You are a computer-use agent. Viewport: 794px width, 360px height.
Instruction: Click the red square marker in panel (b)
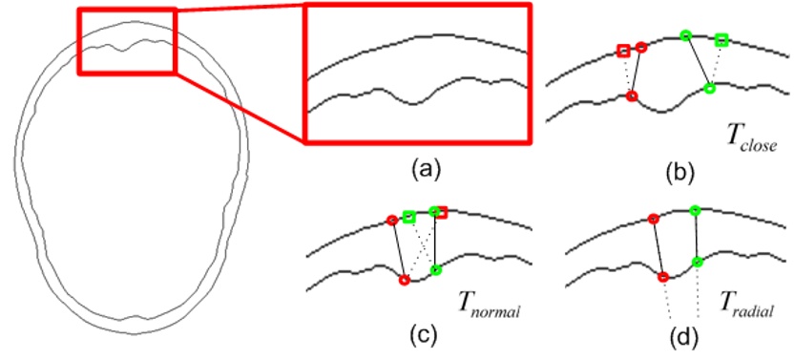[x=623, y=51]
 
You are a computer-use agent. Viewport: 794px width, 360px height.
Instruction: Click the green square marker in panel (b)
[x=721, y=39]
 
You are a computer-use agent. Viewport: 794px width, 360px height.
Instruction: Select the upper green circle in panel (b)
[x=685, y=35]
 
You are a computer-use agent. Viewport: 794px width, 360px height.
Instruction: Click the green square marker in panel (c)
[x=409, y=218]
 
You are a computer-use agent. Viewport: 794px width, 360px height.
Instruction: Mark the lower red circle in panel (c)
[x=404, y=281]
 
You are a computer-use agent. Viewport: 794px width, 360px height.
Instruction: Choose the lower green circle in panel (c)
[x=436, y=270]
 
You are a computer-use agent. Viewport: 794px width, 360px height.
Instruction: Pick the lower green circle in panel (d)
[x=698, y=262]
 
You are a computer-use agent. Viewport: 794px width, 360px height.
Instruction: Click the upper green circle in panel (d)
[x=694, y=209]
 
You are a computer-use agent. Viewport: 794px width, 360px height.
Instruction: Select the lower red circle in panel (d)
[x=663, y=277]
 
